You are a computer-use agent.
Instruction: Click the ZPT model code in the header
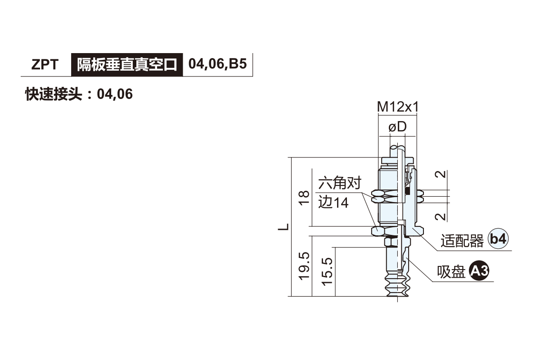(x=45, y=65)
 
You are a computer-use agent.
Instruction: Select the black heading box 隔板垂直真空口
(x=127, y=65)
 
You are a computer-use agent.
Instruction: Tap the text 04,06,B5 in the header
(x=217, y=64)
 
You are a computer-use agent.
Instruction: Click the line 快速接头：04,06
(x=79, y=94)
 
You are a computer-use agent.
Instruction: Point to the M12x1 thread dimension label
(x=398, y=107)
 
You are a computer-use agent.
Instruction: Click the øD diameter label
(x=397, y=126)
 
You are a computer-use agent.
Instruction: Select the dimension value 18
(x=304, y=198)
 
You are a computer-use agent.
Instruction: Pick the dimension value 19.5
(x=304, y=266)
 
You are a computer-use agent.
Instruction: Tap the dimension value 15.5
(x=327, y=272)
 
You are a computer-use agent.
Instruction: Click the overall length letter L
(x=283, y=227)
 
